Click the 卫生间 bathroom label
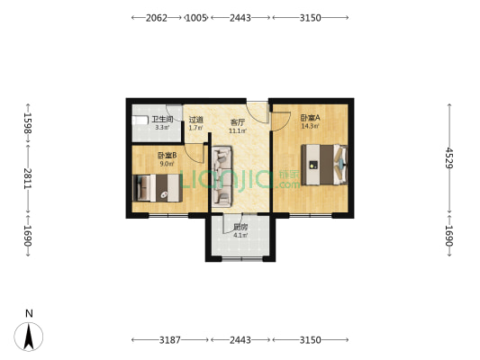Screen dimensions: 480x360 [162, 119]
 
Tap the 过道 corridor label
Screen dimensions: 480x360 [196, 120]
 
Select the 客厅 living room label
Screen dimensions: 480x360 [238, 122]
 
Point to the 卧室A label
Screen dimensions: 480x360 [311, 118]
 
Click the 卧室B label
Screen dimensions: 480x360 [168, 156]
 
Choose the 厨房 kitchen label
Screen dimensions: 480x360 [240, 228]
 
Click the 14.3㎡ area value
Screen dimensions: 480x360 [311, 126]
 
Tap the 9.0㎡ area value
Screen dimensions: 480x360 [168, 164]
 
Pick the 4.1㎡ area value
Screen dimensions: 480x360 [240, 236]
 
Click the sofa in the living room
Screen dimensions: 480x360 [222, 175]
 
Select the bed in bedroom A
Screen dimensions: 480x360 [324, 165]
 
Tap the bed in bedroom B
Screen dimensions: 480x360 [158, 188]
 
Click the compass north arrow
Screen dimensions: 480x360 [29, 337]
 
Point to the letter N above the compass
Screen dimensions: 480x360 [29, 314]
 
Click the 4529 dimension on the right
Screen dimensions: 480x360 [449, 157]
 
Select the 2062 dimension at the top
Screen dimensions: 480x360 [157, 18]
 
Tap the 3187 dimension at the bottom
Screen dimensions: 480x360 [170, 340]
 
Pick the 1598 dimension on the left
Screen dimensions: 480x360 [28, 123]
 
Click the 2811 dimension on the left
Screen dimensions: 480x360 [28, 178]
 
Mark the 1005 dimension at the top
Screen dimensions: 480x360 [196, 18]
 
